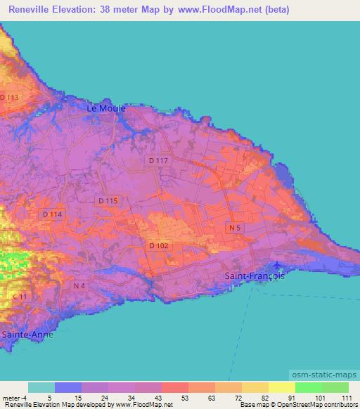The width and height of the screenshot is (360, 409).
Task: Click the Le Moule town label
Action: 106,108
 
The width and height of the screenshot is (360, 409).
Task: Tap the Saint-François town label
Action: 255,276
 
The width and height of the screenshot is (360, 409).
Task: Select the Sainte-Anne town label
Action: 27,335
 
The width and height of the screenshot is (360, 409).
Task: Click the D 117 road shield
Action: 159,161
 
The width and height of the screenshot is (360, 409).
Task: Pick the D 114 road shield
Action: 52,214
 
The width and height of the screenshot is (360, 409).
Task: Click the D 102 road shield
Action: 157,245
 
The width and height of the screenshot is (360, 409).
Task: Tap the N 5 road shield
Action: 234,228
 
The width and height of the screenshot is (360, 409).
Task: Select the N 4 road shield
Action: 79,285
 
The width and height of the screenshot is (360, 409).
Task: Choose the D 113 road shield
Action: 9,97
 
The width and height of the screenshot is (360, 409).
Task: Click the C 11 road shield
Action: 21,297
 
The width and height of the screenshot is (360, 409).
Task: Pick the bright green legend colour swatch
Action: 308,387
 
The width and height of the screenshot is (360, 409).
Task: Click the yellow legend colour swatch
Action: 281,387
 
